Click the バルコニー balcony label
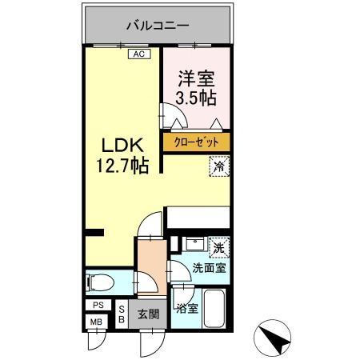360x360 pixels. click(x=157, y=26)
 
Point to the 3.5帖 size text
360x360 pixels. click(x=197, y=98)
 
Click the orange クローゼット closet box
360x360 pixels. click(x=197, y=142)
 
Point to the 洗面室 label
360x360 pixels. click(x=208, y=268)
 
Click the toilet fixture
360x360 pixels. click(x=101, y=282)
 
